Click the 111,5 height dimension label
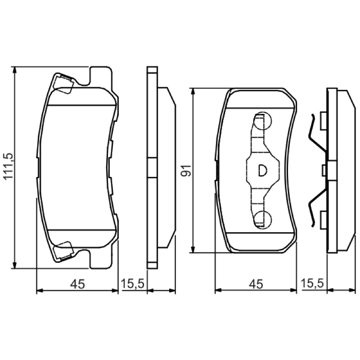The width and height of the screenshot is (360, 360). coord(9,166)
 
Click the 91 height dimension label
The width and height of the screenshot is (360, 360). coord(186,171)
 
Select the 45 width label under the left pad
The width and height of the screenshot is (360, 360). coord(77,284)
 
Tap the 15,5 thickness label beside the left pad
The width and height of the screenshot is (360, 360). coord(132,283)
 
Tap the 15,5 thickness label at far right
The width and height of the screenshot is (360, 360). coord(312,283)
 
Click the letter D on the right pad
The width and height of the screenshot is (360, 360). coord(262,170)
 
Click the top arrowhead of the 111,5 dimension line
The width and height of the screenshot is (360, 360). coord(15,70)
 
